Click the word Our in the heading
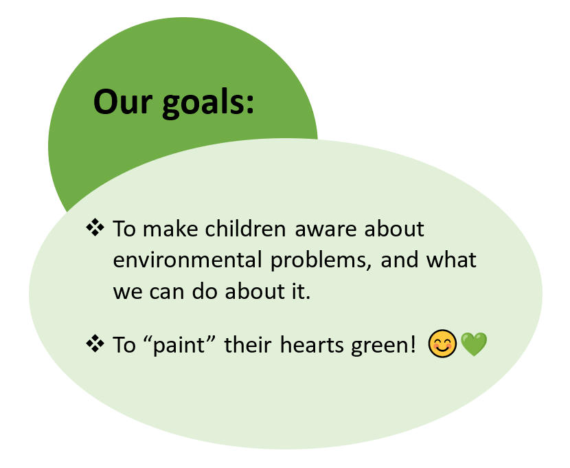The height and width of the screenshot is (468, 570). coord(122,102)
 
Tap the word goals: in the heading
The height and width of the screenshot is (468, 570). coord(208,104)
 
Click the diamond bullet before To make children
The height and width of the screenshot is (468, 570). coord(95,227)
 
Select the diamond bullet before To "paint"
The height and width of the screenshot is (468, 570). coord(95,344)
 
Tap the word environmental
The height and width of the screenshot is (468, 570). coord(187,260)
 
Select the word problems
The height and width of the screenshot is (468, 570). coord(321,261)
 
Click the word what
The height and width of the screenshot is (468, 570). coord(451,260)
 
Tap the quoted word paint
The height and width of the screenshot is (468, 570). coord(179,345)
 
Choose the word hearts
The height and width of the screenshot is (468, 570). coord(312,344)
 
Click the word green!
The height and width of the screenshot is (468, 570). coord(383,346)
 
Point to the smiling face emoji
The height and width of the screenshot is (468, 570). coord(442,344)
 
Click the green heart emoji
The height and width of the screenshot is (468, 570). coord(474,344)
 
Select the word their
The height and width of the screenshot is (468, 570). coord(247,344)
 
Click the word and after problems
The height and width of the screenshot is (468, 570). coord(399,260)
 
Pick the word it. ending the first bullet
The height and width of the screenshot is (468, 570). coord(301,291)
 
